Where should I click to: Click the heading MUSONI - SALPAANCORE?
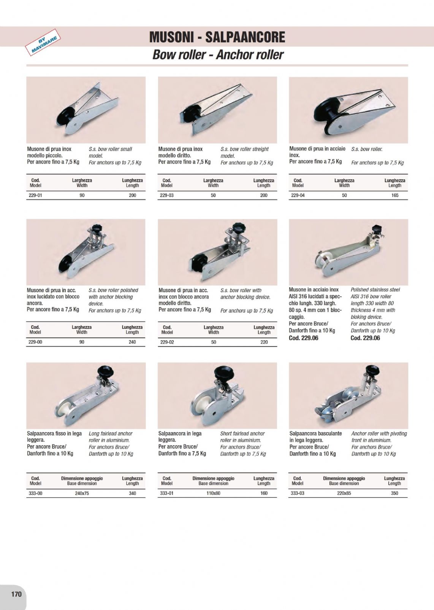217,37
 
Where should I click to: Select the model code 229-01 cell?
35,195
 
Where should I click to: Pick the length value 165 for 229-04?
395,195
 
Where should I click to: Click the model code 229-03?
167,195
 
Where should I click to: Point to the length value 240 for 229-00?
132,342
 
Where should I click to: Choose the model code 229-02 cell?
167,342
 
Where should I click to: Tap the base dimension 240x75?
82,493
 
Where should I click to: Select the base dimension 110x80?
214,493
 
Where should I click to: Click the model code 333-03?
298,493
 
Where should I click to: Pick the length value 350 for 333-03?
394,493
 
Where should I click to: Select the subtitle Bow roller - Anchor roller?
217,55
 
